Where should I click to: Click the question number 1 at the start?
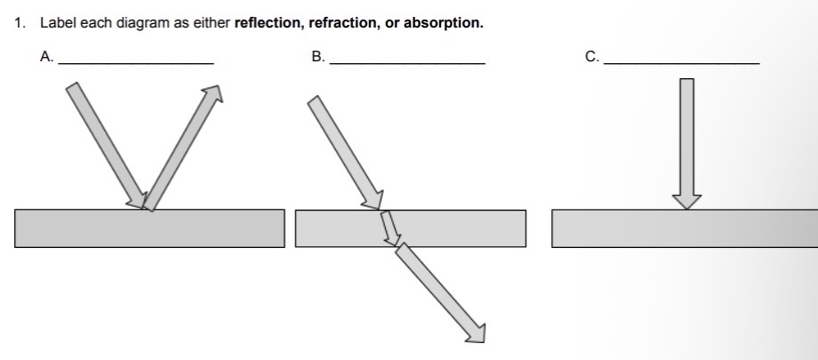[19, 23]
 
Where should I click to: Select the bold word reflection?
[268, 23]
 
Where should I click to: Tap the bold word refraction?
[341, 23]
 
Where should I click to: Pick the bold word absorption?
[443, 23]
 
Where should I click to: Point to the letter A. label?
[46, 57]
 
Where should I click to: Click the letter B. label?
[318, 57]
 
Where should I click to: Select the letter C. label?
[592, 57]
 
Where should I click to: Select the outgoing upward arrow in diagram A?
[182, 147]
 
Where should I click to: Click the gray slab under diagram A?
[149, 228]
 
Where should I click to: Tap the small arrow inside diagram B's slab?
[389, 228]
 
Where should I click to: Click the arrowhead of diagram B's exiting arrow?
[477, 332]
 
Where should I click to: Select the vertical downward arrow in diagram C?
[686, 142]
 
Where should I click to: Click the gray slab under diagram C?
[685, 228]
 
